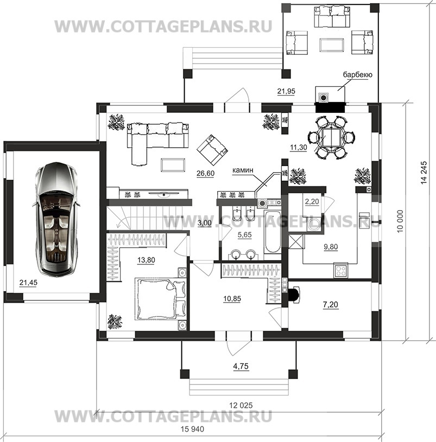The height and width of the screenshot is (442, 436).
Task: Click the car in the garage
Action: tap(56, 219)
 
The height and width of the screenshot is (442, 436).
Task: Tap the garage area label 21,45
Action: tap(28, 282)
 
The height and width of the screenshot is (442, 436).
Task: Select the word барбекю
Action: tap(357, 75)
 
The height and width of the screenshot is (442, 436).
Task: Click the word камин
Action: tap(243, 170)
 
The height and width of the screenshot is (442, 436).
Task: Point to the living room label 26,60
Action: tap(205, 173)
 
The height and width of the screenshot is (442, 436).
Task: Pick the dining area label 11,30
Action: tap(299, 147)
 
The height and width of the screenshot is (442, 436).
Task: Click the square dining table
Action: tap(331, 137)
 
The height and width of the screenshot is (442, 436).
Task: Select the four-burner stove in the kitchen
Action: tap(341, 270)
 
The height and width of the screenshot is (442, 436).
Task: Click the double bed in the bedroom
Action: tap(160, 299)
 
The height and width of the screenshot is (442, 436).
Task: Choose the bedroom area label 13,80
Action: tap(146, 260)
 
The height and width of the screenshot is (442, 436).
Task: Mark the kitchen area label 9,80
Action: tap(331, 247)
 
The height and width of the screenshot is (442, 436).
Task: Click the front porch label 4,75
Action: tap(241, 366)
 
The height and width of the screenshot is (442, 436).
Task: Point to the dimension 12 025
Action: tap(241, 406)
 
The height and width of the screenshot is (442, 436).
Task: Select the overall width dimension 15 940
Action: tap(192, 430)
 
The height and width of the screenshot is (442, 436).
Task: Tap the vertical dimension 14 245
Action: tap(424, 173)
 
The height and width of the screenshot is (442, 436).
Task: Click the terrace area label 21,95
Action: tap(286, 91)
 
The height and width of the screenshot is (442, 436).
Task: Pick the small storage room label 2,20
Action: tap(312, 202)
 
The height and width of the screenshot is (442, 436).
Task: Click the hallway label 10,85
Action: tap(232, 299)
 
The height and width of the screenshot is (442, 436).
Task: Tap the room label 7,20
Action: tap(331, 305)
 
